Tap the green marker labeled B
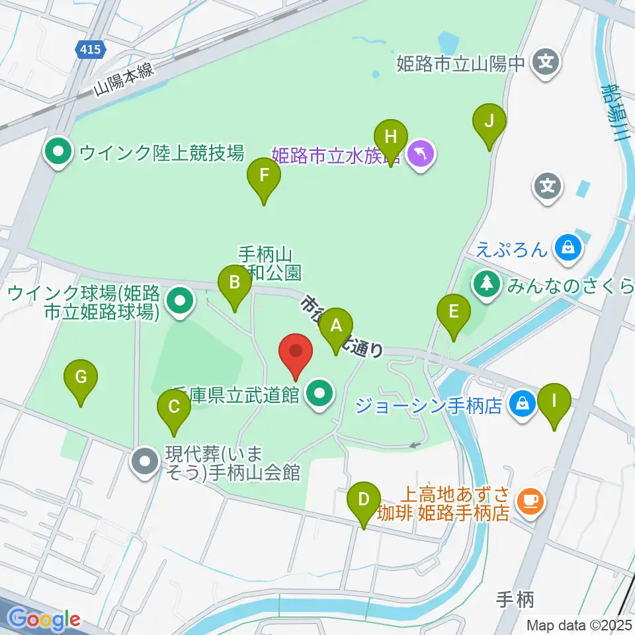(234, 282)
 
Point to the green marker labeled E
(454, 311)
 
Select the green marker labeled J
(489, 121)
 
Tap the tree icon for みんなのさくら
(487, 285)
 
